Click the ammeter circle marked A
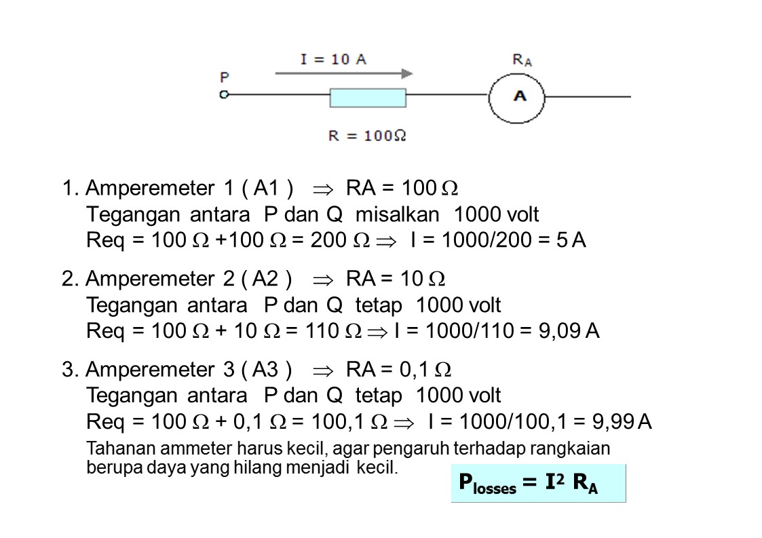[517, 96]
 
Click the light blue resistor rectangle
[368, 98]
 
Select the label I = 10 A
[333, 59]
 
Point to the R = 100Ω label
[367, 135]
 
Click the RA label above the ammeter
[522, 60]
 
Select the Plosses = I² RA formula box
[538, 483]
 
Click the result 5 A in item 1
[571, 240]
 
